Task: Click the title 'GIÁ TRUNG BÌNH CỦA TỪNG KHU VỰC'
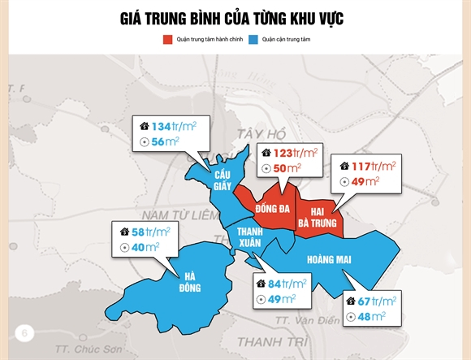coord(235,18)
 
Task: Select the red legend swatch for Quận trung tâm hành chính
coord(168,39)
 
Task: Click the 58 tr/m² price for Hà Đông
coord(146,232)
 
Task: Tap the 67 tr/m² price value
coord(376,301)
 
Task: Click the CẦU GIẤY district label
coord(223,179)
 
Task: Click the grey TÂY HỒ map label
coord(259,133)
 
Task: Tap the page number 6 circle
coord(25,332)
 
